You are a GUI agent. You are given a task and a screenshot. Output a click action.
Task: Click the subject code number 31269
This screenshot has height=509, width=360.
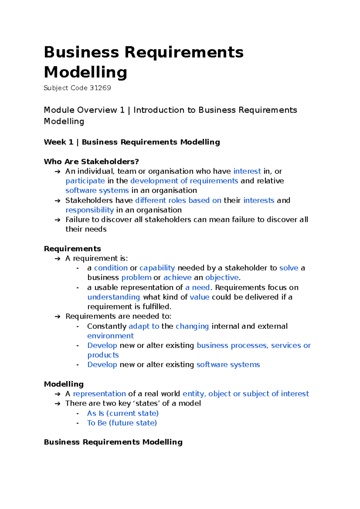click(100, 88)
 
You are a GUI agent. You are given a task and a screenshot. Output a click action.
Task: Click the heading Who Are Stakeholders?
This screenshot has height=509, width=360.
click(91, 162)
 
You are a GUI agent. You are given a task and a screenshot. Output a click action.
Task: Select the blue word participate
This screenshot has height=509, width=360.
click(85, 181)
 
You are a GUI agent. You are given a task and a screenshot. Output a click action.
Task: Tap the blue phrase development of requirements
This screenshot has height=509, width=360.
click(184, 181)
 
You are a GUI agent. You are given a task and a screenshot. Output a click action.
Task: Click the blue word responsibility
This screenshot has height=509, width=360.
click(89, 210)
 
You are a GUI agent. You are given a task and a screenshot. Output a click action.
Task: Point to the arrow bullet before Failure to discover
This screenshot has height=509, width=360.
click(58, 220)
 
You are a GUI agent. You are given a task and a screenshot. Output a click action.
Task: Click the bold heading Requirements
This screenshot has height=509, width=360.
click(72, 249)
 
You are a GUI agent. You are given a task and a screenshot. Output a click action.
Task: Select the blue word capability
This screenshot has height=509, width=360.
click(157, 268)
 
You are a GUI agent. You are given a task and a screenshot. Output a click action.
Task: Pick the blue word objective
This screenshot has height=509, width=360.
click(222, 277)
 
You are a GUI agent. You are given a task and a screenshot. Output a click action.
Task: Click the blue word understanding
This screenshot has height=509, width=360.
click(113, 297)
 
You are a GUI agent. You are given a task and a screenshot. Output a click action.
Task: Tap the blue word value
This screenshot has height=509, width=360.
click(199, 297)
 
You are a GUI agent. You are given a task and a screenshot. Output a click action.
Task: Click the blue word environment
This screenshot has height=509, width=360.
click(110, 336)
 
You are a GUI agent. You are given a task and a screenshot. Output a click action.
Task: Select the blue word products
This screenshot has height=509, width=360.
click(103, 355)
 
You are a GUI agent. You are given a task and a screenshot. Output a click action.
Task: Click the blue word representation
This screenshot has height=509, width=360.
click(99, 394)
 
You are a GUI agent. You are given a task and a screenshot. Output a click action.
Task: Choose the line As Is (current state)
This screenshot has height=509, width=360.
click(123, 413)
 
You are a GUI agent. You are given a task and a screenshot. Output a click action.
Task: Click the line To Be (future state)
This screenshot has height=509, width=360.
click(122, 423)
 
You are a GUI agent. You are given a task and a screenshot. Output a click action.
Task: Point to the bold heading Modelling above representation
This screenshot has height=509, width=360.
click(64, 384)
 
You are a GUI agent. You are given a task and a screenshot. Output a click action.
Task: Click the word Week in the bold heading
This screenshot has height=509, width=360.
click(55, 142)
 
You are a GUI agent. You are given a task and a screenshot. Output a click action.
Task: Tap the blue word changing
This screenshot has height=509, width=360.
click(192, 326)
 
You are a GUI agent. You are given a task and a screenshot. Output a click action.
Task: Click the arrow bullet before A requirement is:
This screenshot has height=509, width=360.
click(58, 258)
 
